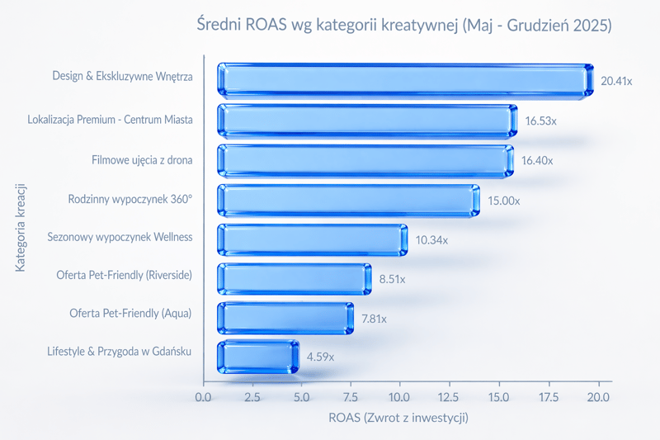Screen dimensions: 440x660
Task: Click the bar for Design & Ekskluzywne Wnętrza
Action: pos(404,80)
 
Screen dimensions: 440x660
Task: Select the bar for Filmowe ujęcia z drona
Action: pos(365,160)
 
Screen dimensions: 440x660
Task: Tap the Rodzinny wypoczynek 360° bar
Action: pos(348,200)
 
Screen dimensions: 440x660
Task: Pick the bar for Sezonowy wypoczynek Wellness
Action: pos(312,239)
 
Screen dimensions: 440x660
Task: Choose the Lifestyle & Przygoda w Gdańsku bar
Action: pos(257,357)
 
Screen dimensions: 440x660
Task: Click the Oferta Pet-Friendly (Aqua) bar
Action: pos(285,318)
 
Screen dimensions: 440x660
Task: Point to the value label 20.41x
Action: pos(616,81)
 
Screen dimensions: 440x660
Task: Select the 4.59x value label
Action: pos(321,357)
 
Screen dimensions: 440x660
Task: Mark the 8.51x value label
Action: pos(392,279)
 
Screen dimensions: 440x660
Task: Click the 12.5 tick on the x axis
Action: pos(450,397)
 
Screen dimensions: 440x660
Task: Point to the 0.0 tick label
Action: pos(204,397)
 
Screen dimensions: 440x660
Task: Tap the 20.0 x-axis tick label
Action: pos(598,397)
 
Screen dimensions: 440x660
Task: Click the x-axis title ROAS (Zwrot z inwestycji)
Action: pos(398,418)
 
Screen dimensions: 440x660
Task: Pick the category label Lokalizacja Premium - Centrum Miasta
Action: pos(110,120)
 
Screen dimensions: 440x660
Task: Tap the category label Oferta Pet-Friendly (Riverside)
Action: pos(124,275)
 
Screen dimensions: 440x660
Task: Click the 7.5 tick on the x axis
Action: pos(351,397)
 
